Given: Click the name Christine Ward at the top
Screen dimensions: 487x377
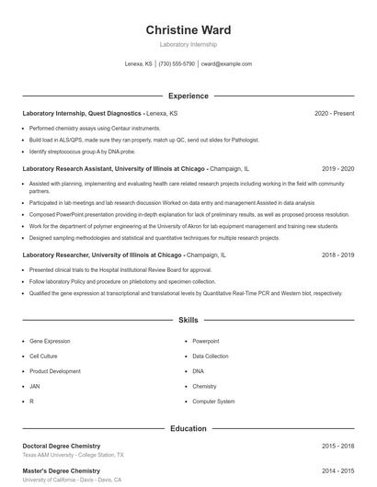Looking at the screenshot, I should pyautogui.click(x=188, y=30).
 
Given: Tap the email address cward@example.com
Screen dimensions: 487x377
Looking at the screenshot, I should pyautogui.click(x=226, y=64).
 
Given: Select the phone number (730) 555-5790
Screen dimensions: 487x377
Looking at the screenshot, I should pyautogui.click(x=177, y=64).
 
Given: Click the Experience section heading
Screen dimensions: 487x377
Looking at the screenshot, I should pyautogui.click(x=188, y=96).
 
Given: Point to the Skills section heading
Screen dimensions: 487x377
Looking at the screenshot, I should pyautogui.click(x=188, y=321).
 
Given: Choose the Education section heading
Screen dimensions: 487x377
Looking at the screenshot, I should pyautogui.click(x=188, y=428).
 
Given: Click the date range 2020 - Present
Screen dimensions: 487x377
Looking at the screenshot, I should pyautogui.click(x=334, y=113).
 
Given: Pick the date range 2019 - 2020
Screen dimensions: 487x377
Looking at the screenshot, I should pyautogui.click(x=337, y=169).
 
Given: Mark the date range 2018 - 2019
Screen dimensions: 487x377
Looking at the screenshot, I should pyautogui.click(x=337, y=255).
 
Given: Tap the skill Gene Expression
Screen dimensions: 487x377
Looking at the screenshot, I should pyautogui.click(x=50, y=341).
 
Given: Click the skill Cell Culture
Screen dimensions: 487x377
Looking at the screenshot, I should pyautogui.click(x=43, y=356).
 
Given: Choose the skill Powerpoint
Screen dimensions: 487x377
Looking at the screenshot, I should pyautogui.click(x=206, y=341).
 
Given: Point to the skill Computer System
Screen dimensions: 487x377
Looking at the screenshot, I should pyautogui.click(x=213, y=402).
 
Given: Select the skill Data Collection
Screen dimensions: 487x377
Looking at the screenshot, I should pyautogui.click(x=211, y=356).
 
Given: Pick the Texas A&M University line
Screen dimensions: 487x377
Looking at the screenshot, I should pyautogui.click(x=74, y=455).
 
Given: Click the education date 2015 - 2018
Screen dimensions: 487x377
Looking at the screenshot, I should pyautogui.click(x=337, y=446).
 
